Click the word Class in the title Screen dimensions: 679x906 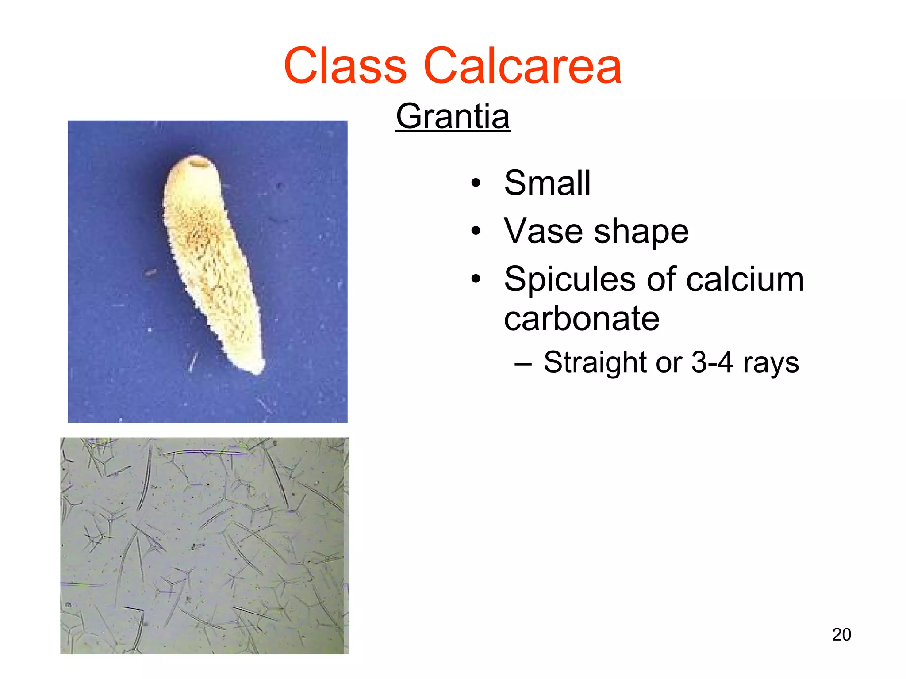click(x=345, y=66)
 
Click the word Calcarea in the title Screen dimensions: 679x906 click(x=522, y=66)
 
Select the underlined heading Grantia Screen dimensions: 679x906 click(x=453, y=116)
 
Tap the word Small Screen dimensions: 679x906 click(x=547, y=183)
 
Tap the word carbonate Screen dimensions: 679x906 click(x=581, y=319)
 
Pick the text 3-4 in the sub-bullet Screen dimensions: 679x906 click(x=712, y=362)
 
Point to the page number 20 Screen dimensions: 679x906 click(x=841, y=635)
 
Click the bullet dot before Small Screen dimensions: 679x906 click(x=476, y=183)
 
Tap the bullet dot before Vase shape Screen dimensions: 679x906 click(x=476, y=231)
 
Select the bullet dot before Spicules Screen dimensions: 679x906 click(x=476, y=279)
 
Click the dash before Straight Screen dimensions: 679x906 click(x=523, y=364)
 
